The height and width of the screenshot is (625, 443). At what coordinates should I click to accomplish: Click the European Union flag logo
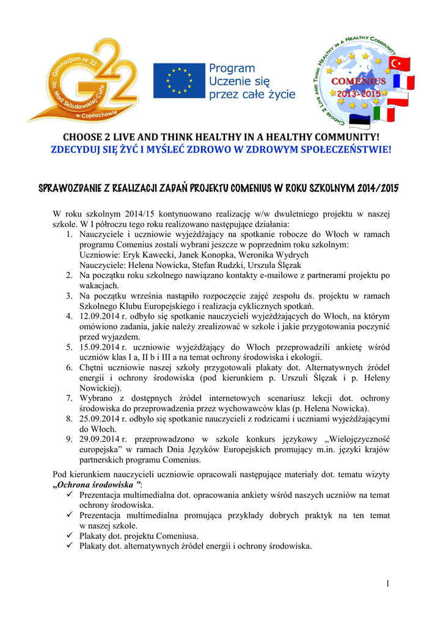point(179,80)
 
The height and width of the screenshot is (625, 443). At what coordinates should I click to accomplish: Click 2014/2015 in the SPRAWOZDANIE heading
point(375,188)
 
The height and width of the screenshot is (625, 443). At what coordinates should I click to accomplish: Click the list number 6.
point(70,367)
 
